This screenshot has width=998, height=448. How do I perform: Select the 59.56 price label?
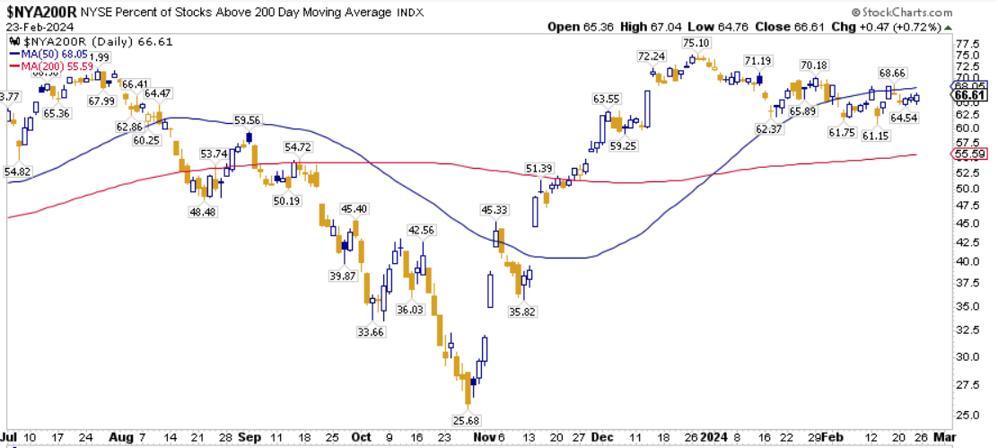(x=247, y=120)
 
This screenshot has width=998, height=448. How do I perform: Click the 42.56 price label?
(x=421, y=230)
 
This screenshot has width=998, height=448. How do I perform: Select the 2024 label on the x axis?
(x=716, y=438)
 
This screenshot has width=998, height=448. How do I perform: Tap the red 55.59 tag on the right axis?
(x=971, y=154)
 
